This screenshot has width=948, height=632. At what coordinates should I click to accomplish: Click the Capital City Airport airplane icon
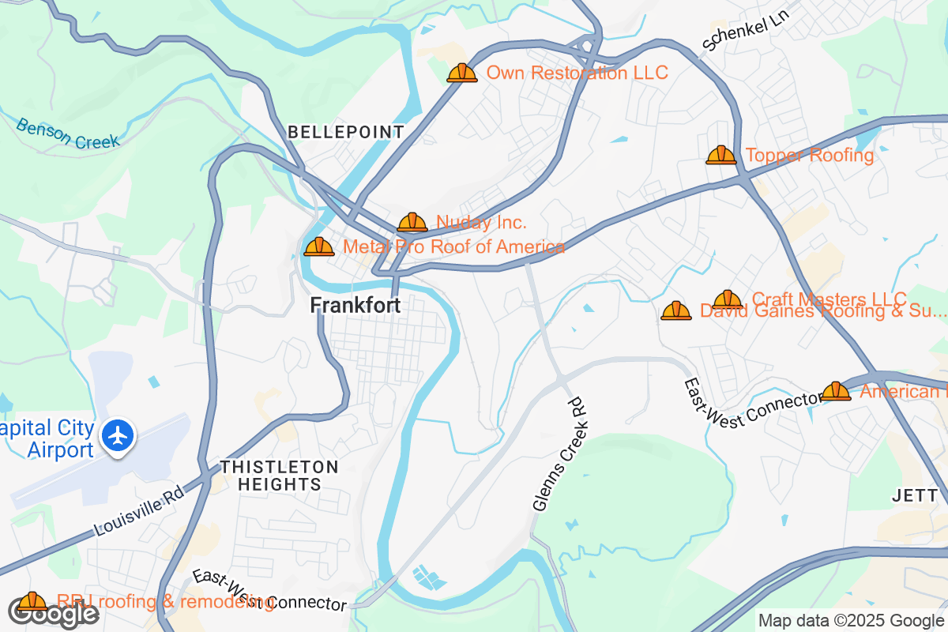coord(118,434)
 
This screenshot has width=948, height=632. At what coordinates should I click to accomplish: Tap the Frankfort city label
coord(355,305)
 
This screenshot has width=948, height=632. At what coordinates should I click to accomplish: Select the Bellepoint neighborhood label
coord(346,132)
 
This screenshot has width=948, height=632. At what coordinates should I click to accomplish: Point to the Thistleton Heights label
coord(279,476)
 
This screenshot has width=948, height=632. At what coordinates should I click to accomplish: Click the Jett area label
coord(916,495)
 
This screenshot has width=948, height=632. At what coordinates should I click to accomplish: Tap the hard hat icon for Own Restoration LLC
coord(462,73)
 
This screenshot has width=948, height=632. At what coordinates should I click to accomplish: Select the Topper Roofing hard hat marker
coord(720,155)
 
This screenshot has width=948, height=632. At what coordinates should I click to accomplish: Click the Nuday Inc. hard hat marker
coord(412,223)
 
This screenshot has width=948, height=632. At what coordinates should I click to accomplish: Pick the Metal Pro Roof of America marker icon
coord(319,247)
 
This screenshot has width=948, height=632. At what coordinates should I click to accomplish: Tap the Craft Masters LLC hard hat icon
coord(727,299)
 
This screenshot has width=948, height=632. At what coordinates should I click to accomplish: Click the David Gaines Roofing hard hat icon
coord(675,311)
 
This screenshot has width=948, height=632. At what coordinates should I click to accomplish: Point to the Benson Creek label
coord(67,133)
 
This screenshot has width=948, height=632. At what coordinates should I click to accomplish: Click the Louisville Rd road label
coord(139,512)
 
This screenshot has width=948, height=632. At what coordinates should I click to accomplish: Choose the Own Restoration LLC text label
coord(577,73)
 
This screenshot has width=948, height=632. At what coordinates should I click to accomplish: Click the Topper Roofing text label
coord(810,155)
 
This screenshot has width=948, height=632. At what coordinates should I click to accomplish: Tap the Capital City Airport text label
coord(49,439)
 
